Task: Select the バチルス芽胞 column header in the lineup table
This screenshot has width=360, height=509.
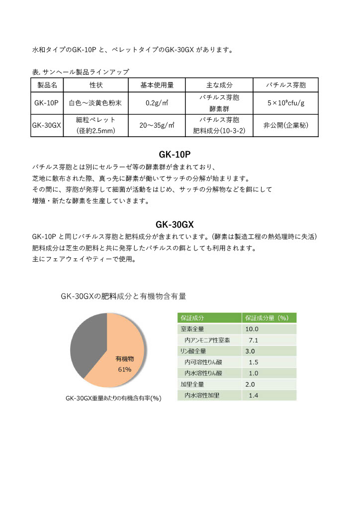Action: (285, 85)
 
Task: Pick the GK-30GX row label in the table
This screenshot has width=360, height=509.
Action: (46, 126)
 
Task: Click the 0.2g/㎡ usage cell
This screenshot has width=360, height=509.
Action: (157, 103)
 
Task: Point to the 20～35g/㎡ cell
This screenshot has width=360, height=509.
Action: (157, 126)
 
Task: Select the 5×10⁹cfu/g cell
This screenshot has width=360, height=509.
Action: (285, 103)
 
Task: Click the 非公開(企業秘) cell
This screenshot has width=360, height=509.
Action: (285, 126)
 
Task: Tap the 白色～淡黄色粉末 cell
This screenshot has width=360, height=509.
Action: (95, 103)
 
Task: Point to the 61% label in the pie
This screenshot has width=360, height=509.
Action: (124, 369)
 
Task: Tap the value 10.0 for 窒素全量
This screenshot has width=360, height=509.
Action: (252, 329)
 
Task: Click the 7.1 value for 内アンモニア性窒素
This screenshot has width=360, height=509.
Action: (253, 340)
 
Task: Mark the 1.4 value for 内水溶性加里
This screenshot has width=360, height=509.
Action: (253, 396)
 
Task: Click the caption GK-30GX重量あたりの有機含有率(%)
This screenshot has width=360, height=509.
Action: (114, 398)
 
